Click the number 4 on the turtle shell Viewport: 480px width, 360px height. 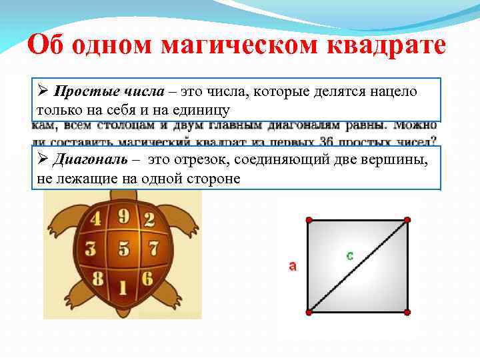(96, 219)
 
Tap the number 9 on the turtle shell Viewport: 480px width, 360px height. (123, 215)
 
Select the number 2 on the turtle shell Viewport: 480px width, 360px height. (149, 219)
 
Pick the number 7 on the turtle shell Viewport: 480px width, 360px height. (153, 249)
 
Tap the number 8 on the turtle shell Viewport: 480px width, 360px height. (98, 279)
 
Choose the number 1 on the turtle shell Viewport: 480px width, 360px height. (123, 287)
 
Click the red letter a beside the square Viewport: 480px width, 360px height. (292, 266)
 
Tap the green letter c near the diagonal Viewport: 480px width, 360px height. (349, 255)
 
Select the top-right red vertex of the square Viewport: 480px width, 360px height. (407, 219)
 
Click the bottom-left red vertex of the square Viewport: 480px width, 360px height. (309, 312)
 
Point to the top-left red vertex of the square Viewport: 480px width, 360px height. (308, 219)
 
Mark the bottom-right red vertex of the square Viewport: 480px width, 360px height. (407, 312)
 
